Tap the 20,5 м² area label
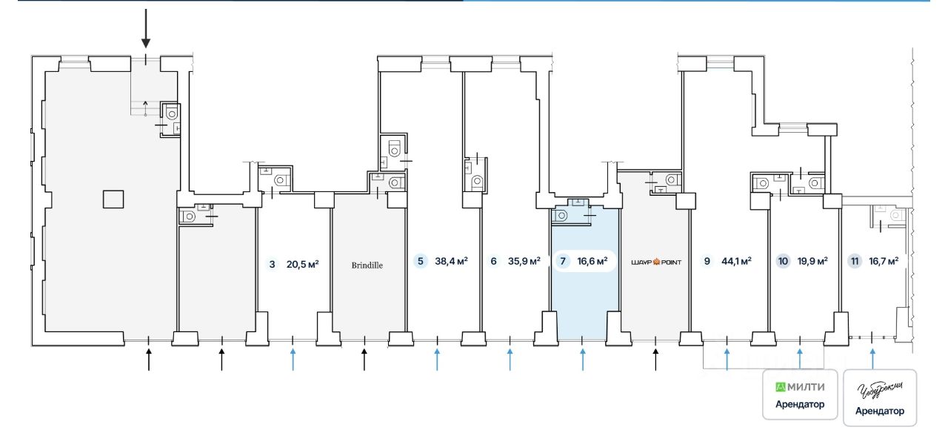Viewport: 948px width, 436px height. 302,262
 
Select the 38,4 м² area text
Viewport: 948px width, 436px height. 451,261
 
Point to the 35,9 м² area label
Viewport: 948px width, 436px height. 524,261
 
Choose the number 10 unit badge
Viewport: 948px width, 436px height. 783,261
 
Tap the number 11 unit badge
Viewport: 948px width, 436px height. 855,261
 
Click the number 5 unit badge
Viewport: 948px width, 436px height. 421,261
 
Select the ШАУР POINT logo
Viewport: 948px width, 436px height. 655,262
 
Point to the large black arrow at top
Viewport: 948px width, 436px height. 146,28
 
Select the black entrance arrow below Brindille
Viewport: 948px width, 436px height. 364,360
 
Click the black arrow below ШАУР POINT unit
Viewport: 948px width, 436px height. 655,360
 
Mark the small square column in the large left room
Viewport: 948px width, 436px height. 113,199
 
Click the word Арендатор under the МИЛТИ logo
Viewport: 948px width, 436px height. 799,404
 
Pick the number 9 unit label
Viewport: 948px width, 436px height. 707,261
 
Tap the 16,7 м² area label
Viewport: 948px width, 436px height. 884,261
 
